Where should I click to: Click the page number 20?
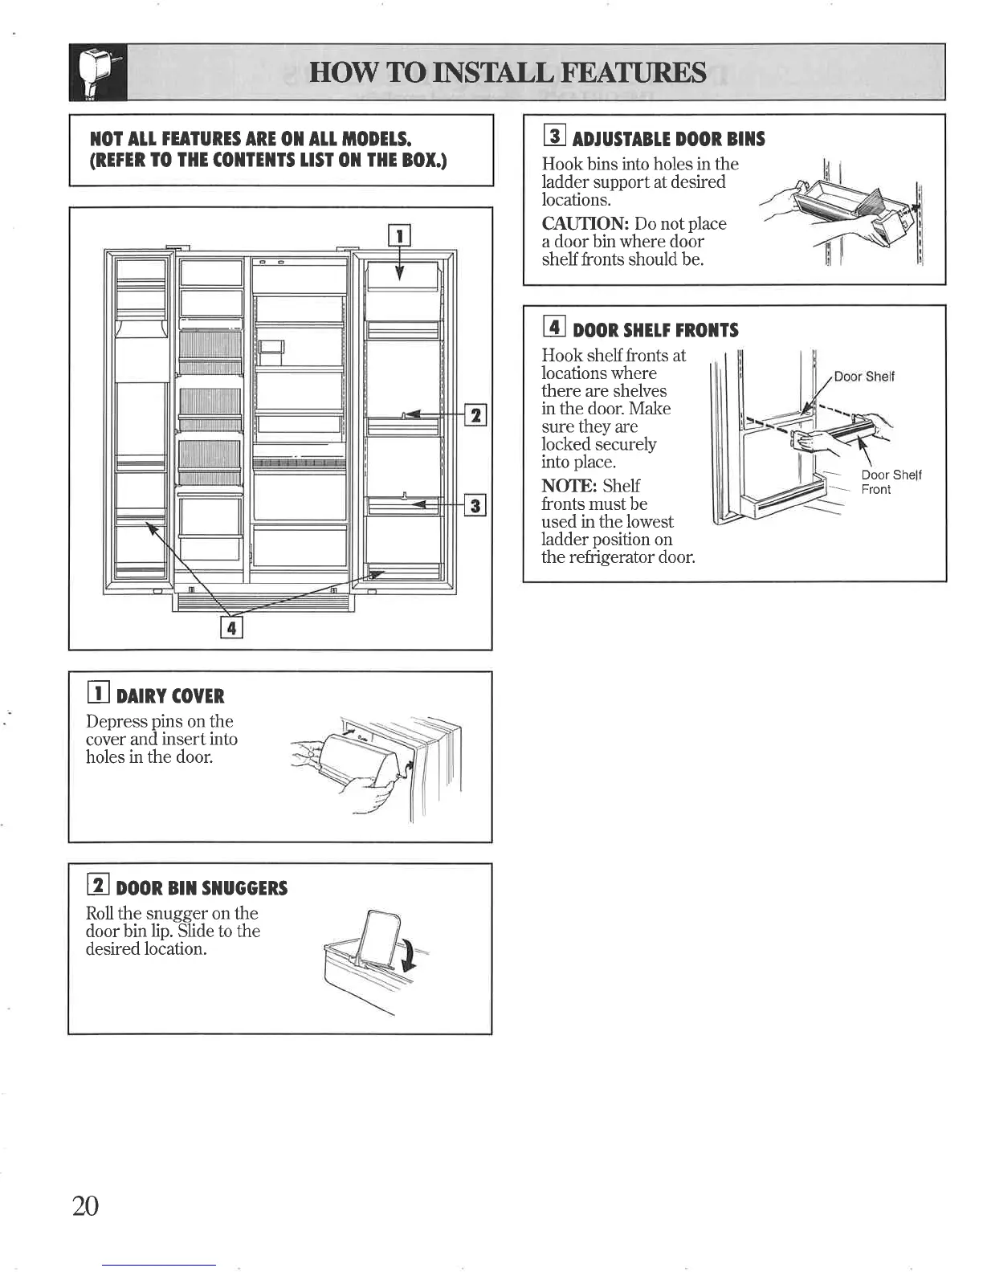tap(85, 1205)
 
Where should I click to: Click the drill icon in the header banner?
tap(97, 72)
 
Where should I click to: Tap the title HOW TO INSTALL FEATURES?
tap(508, 73)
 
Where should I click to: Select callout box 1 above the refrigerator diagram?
tap(399, 235)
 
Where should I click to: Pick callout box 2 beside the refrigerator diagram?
tap(476, 414)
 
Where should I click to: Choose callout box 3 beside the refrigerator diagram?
tap(476, 505)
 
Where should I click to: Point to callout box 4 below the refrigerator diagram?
tap(231, 627)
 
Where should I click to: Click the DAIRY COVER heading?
tap(170, 696)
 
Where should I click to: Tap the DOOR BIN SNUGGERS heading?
tap(202, 888)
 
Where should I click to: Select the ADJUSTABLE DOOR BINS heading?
tap(668, 139)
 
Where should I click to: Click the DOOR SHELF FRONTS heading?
tap(655, 330)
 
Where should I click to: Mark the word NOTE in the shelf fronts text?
tap(569, 486)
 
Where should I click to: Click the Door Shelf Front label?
tap(891, 482)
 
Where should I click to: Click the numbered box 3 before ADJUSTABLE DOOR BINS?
tap(555, 137)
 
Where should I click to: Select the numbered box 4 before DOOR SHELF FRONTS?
tap(555, 328)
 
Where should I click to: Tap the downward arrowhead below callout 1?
tap(399, 274)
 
